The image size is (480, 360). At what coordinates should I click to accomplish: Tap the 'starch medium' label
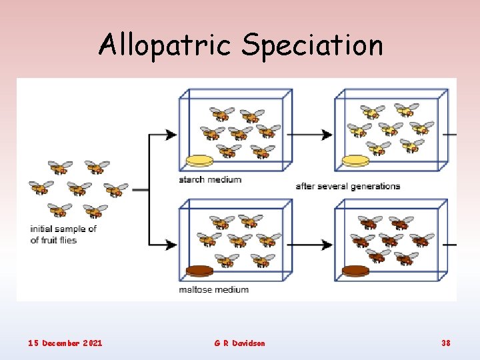(210, 179)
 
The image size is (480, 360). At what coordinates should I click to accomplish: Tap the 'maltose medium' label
(213, 289)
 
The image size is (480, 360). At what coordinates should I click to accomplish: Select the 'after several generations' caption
(347, 186)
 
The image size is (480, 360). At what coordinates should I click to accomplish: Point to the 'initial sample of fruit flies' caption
(63, 234)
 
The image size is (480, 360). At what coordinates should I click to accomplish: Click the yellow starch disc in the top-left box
(199, 161)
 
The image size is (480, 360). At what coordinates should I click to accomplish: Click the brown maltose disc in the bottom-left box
(199, 271)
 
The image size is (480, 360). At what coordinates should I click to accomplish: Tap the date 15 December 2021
(65, 343)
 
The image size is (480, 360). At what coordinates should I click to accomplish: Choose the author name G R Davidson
(239, 343)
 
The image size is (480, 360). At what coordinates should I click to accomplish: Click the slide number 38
(445, 343)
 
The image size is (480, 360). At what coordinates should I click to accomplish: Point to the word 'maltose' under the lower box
(197, 289)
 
